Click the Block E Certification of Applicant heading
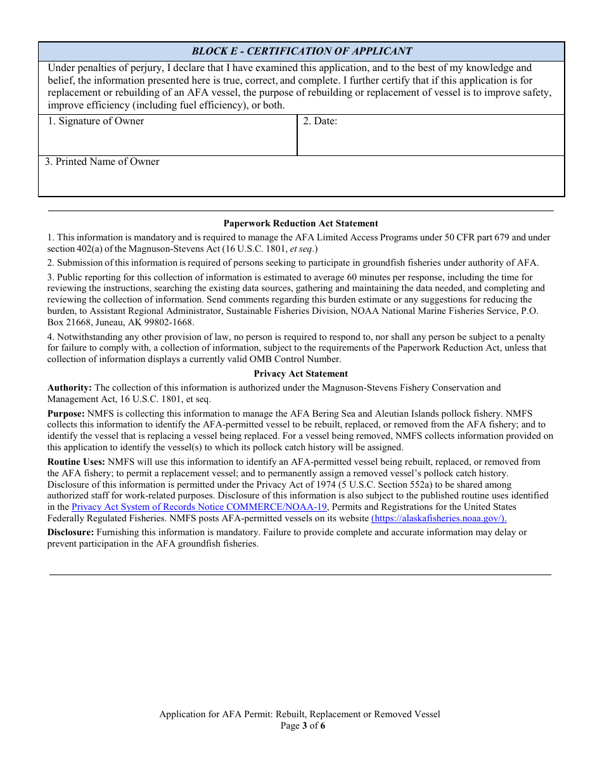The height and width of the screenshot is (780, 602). pos(302,51)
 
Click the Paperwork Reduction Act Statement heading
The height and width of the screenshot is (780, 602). pos(300,223)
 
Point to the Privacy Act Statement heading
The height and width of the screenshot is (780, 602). pos(300,374)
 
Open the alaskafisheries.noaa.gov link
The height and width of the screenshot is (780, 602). pos(439,518)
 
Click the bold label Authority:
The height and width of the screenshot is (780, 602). pos(70,387)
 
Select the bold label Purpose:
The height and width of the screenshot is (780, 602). pos(66,413)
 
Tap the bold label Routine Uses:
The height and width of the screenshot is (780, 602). pos(77,462)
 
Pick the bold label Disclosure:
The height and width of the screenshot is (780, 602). pos(71,532)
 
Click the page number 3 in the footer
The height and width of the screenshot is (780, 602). pos(305,725)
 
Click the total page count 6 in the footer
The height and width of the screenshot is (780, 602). pos(323,725)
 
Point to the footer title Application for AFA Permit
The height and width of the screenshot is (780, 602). pos(299,714)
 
